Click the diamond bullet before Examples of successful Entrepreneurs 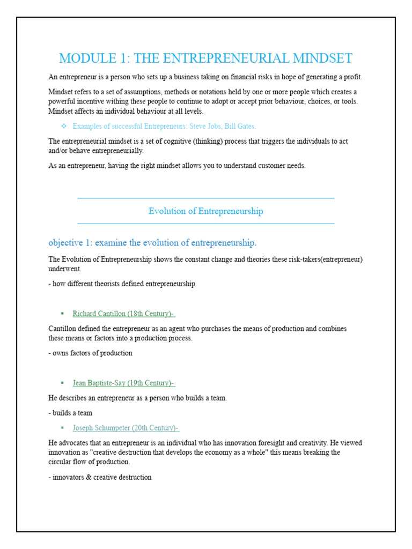[x=63, y=126]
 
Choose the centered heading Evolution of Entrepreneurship [x=205, y=211]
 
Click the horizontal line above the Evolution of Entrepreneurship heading [x=205, y=198]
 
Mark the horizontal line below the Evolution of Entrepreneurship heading [x=205, y=224]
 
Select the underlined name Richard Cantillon [x=99, y=314]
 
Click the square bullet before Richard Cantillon [x=62, y=314]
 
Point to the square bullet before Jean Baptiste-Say [x=62, y=383]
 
